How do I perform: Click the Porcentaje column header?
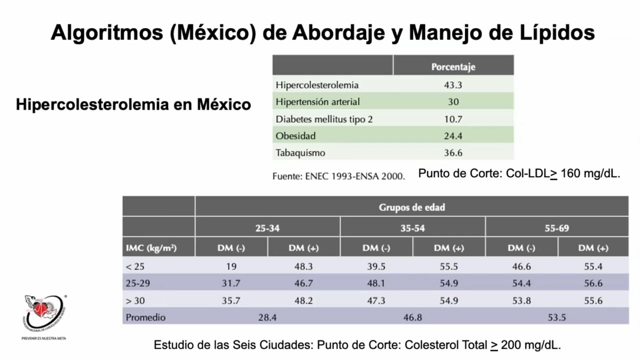(453, 66)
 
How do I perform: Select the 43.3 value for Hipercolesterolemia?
(453, 85)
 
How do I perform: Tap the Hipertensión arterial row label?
(317, 102)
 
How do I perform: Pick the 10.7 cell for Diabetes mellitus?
(453, 119)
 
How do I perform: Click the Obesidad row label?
(295, 136)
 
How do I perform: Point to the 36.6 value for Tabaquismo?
(453, 153)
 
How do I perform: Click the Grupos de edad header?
(411, 206)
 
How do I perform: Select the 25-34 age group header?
(267, 228)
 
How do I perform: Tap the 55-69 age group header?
(556, 228)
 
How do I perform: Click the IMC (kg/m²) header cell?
(151, 248)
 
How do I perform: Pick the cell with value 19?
(231, 266)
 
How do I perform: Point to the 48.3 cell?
(303, 266)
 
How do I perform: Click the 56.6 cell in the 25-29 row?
(593, 283)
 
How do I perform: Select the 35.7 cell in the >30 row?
(231, 300)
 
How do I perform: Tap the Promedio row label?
(145, 317)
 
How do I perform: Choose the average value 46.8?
(412, 317)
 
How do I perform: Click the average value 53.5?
(556, 317)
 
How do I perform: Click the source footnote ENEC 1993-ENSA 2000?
(338, 176)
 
